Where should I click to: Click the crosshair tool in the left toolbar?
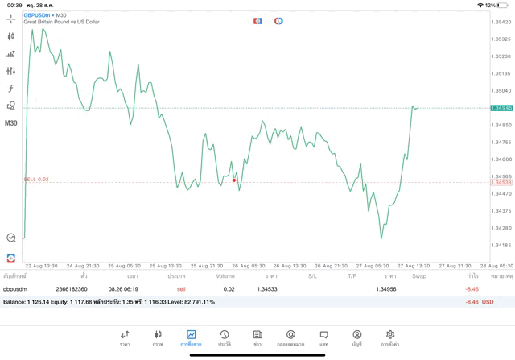click(11, 19)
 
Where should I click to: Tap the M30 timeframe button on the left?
click(11, 123)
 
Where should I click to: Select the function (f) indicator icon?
click(11, 89)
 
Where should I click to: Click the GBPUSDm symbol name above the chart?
click(38, 14)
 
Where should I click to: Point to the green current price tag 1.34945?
click(501, 107)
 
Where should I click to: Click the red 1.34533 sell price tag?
click(501, 182)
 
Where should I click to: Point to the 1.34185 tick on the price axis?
click(501, 245)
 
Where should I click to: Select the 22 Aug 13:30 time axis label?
click(40, 265)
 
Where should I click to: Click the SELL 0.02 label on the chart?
click(37, 180)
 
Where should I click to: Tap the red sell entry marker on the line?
click(234, 180)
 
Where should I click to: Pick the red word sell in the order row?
click(181, 288)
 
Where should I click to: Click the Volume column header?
click(225, 276)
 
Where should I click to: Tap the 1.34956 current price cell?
click(387, 288)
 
